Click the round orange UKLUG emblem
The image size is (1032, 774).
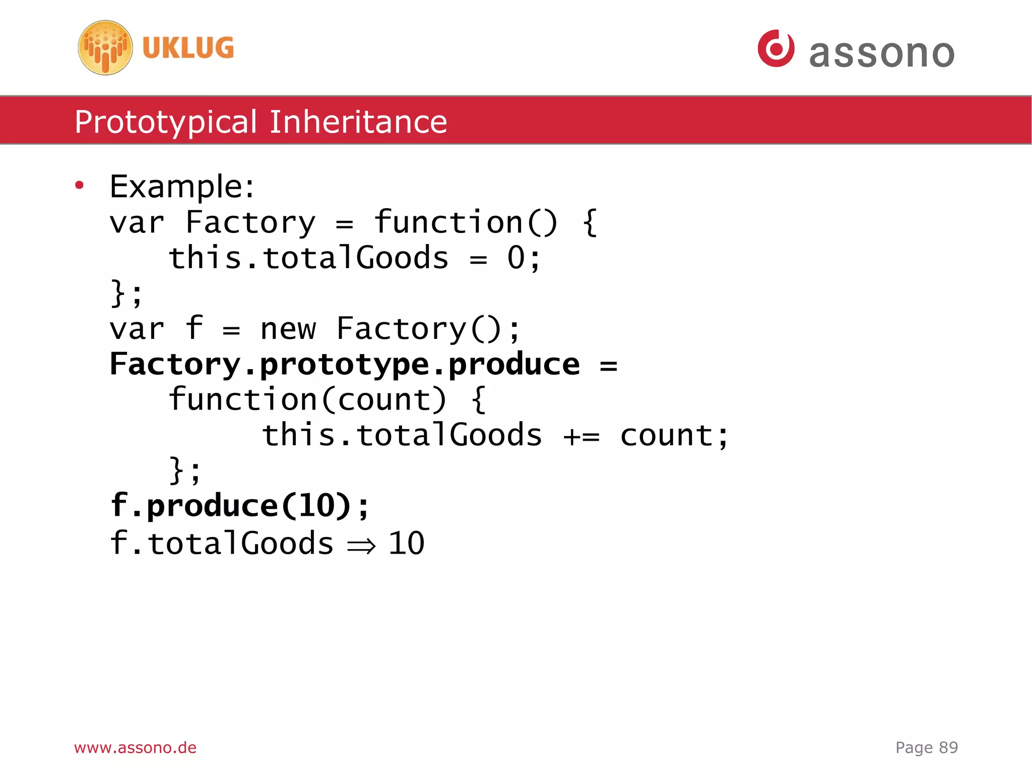pyautogui.click(x=105, y=48)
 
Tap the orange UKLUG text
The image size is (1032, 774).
pyautogui.click(x=188, y=48)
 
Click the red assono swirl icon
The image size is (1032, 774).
pyautogui.click(x=776, y=48)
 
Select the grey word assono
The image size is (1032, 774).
pyautogui.click(x=882, y=53)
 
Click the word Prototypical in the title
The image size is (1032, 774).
pyautogui.click(x=166, y=122)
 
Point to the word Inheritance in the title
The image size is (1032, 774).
pyautogui.click(x=358, y=122)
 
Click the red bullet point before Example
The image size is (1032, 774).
pyautogui.click(x=79, y=186)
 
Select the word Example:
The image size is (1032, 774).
pyautogui.click(x=182, y=187)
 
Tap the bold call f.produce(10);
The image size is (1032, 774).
pyautogui.click(x=240, y=506)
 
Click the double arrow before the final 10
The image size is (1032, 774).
pyautogui.click(x=361, y=545)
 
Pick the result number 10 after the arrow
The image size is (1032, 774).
pyautogui.click(x=406, y=543)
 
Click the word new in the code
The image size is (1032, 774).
pyautogui.click(x=288, y=329)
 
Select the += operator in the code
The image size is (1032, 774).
pyautogui.click(x=582, y=436)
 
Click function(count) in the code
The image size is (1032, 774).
pyautogui.click(x=307, y=400)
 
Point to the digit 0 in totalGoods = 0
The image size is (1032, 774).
pyautogui.click(x=516, y=258)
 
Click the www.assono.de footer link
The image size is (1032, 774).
pyautogui.click(x=135, y=747)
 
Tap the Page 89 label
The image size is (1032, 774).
pyautogui.click(x=926, y=747)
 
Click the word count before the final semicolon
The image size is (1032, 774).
pyautogui.click(x=666, y=436)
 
